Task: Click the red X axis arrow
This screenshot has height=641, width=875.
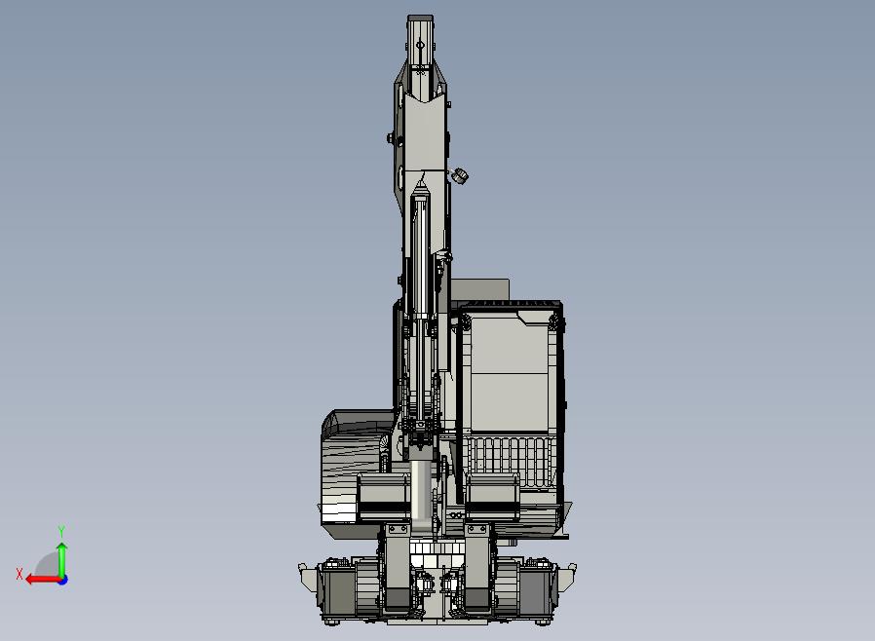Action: [x=44, y=580]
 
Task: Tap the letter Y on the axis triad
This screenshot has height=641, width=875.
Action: [x=61, y=531]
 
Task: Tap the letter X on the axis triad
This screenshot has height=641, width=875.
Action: [x=19, y=574]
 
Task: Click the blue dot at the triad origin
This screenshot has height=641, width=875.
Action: [x=62, y=581]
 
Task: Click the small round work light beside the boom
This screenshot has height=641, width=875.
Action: [x=460, y=175]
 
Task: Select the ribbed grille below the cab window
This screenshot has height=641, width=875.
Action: [x=510, y=463]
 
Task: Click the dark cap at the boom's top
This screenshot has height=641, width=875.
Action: [x=420, y=19]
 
